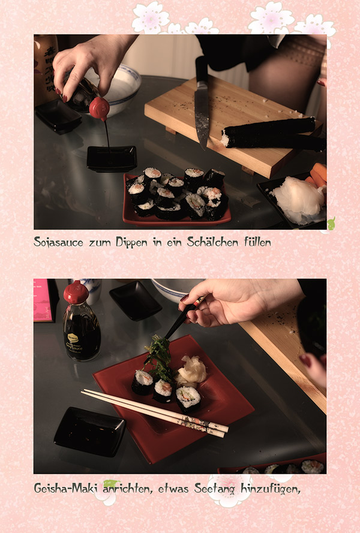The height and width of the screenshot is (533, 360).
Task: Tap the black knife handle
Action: click(x=201, y=70)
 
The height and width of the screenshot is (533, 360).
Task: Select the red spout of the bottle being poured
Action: click(x=100, y=109)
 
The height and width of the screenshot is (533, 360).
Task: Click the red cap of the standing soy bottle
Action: click(x=76, y=291)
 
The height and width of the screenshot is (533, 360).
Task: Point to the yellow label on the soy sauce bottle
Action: click(x=73, y=338)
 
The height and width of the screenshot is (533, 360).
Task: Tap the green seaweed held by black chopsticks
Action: click(x=158, y=357)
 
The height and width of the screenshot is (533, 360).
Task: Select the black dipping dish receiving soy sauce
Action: click(x=112, y=158)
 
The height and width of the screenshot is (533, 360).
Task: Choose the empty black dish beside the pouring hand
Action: click(x=58, y=116)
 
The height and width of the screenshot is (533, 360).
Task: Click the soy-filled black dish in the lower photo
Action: click(x=90, y=431)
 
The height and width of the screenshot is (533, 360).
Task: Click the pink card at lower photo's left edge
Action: click(x=43, y=300)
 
